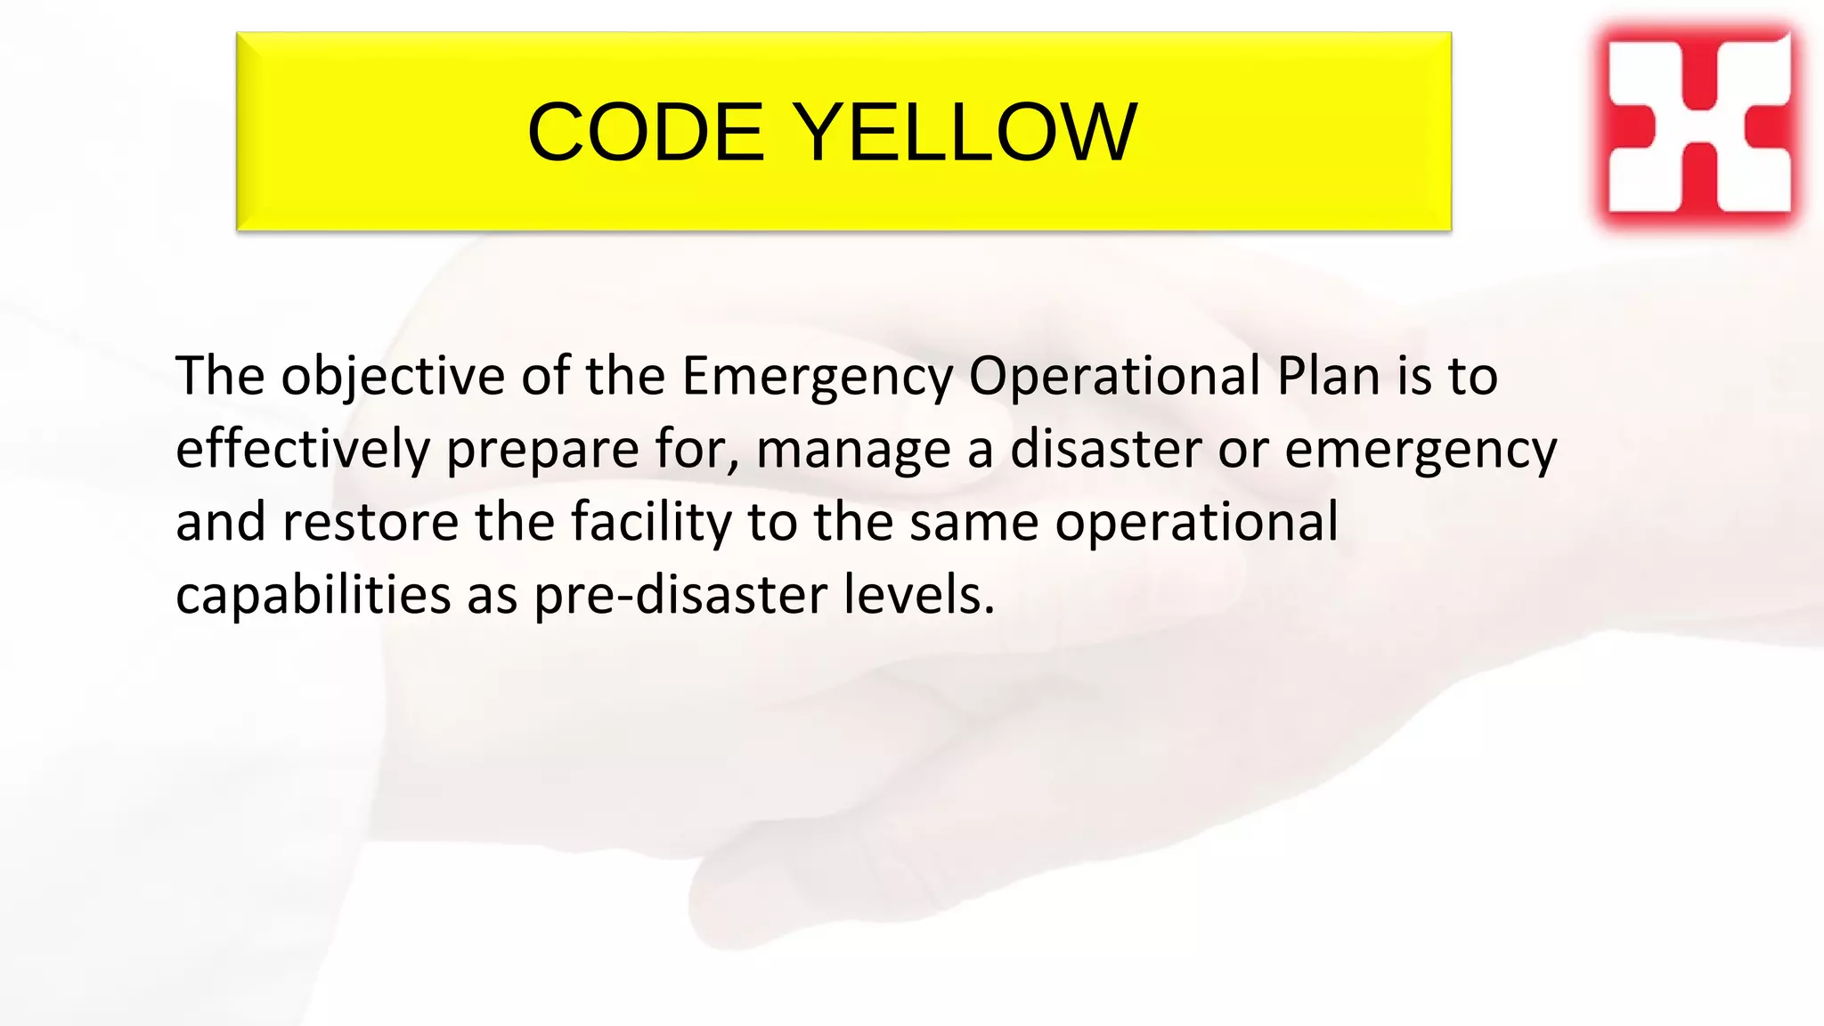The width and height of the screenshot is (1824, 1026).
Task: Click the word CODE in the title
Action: [x=646, y=133]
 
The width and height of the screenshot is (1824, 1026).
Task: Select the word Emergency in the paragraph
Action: [x=817, y=378]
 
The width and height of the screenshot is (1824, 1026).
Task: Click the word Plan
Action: [x=1328, y=376]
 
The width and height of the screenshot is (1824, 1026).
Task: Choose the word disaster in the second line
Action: [x=1105, y=449]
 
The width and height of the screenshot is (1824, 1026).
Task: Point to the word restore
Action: [x=370, y=523]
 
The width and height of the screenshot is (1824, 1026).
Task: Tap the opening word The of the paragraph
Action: [x=220, y=376]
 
